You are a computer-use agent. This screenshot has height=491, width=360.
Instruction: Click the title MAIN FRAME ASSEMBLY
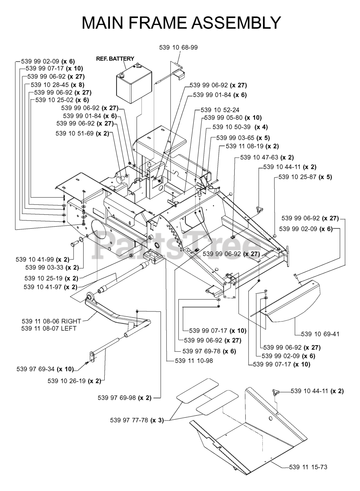181,23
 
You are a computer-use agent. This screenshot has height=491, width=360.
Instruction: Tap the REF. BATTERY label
115,59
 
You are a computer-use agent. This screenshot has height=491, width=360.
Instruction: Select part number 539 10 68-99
178,47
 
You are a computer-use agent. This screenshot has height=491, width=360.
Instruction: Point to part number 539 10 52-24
220,110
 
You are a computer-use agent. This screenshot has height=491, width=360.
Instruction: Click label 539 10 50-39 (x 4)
240,127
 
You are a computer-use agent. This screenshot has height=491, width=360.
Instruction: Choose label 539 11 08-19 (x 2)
252,146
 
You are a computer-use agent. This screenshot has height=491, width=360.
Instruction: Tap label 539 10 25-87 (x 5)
305,177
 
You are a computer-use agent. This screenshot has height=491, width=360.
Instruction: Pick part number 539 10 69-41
320,334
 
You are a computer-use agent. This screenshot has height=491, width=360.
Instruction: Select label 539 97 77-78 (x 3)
137,420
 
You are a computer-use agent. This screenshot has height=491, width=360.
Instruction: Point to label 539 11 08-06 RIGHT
51,321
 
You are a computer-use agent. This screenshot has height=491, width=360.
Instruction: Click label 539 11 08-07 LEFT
49,328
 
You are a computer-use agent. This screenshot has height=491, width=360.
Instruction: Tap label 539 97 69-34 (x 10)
45,369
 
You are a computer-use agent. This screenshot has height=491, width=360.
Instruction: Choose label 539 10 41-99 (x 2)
43,259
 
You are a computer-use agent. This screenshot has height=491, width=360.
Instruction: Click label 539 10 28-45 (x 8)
58,85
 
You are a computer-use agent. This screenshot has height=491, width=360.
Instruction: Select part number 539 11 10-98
194,361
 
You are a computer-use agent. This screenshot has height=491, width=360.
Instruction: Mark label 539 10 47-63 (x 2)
267,157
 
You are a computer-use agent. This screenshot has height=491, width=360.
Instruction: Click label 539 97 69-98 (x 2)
125,397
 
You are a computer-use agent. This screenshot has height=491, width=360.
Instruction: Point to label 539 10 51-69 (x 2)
82,133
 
